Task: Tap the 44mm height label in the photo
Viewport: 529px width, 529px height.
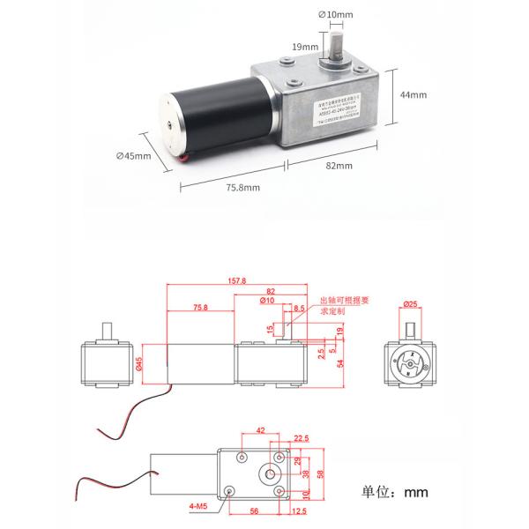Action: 414,94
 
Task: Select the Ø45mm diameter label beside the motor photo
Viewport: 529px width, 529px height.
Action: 134,157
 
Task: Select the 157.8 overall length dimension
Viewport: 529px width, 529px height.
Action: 237,281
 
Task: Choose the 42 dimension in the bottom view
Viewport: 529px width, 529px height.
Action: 260,431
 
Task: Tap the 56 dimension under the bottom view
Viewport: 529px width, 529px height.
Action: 256,510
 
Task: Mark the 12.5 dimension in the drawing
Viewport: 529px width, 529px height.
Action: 299,510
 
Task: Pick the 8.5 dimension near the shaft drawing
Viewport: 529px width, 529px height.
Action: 301,309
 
